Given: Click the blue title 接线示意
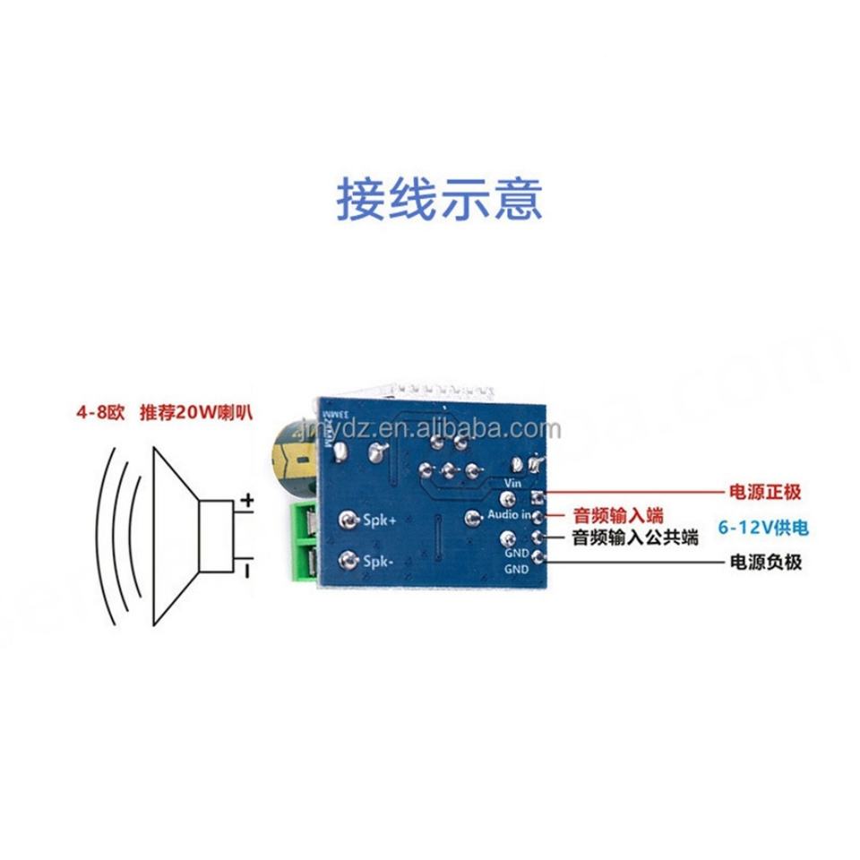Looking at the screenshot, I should tap(439, 199).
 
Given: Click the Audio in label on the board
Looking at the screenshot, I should tap(509, 516).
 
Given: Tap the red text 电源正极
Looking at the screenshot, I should tap(761, 492).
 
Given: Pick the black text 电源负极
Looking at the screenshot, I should tap(761, 563).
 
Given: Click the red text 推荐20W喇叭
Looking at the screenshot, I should tap(196, 414).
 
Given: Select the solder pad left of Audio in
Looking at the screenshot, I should tap(474, 516).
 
